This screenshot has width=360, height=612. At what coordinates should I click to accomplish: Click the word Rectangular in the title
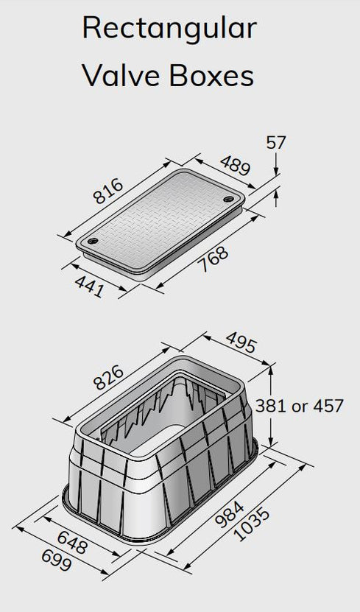point(169,29)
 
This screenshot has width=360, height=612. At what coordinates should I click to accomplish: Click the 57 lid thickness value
point(275,141)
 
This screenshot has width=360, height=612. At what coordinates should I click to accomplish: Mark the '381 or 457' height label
point(300,406)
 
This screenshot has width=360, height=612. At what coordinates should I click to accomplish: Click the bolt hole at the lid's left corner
point(93,241)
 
